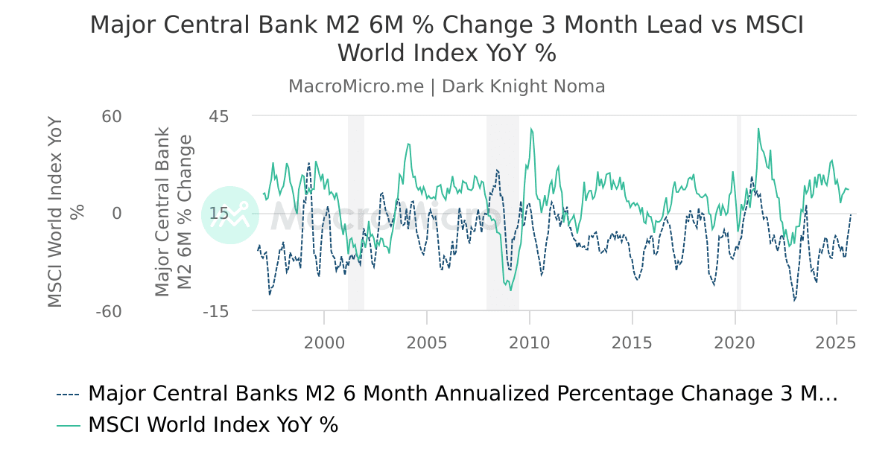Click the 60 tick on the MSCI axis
[x=112, y=116]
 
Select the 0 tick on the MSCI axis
[x=116, y=214]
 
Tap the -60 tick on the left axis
[x=108, y=311]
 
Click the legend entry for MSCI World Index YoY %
[x=212, y=425]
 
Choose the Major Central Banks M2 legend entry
[x=462, y=394]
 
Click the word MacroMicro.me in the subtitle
[x=355, y=86]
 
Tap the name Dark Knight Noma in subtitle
[x=523, y=86]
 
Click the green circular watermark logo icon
[x=230, y=215]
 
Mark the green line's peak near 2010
[x=531, y=129]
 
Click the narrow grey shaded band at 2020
[x=739, y=212]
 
